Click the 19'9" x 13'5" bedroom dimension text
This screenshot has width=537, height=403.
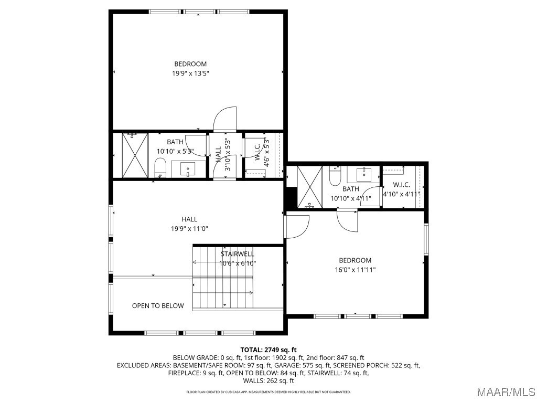pyautogui.click(x=190, y=73)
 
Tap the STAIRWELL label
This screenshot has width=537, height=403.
pyautogui.click(x=238, y=254)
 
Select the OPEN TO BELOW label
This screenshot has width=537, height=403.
pyautogui.click(x=158, y=306)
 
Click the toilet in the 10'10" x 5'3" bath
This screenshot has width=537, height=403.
pyautogui.click(x=160, y=167)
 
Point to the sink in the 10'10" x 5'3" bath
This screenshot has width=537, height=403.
pyautogui.click(x=188, y=169)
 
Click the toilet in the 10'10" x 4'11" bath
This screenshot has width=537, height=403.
pyautogui.click(x=334, y=175)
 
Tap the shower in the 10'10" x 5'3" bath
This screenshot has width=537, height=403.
pyautogui.click(x=135, y=155)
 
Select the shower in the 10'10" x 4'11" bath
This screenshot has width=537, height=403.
pyautogui.click(x=309, y=187)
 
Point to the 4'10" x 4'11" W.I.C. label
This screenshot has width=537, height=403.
pyautogui.click(x=401, y=189)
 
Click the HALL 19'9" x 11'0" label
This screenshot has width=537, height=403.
pyautogui.click(x=189, y=224)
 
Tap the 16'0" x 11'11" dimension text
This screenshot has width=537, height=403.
pyautogui.click(x=355, y=270)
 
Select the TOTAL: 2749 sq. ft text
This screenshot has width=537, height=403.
pyautogui.click(x=268, y=350)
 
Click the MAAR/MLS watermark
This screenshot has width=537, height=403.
pyautogui.click(x=506, y=391)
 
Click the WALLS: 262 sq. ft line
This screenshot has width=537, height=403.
pyautogui.click(x=268, y=380)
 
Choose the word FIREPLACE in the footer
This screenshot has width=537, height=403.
pyautogui.click(x=183, y=373)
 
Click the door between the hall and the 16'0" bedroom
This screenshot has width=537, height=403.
pyautogui.click(x=297, y=226)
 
